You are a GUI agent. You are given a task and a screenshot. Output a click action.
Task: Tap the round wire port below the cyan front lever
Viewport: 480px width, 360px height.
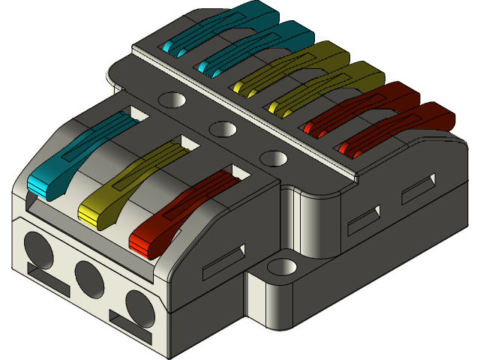coord(39,247)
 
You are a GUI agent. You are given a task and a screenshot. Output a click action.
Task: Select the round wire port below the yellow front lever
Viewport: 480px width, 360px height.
coord(89,277)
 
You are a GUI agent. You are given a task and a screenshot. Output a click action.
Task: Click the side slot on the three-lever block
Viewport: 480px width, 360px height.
coord(224,259)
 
